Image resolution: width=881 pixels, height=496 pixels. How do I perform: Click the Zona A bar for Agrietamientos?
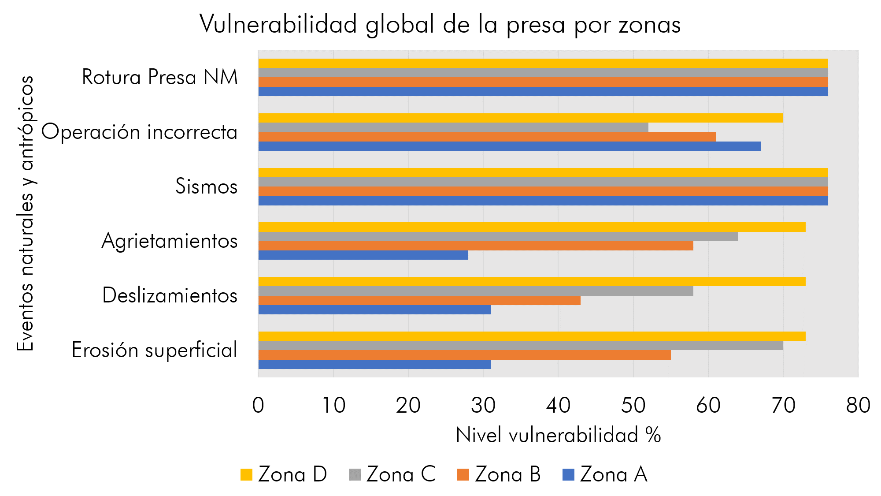363,255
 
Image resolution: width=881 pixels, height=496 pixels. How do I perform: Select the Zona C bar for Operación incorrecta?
453,127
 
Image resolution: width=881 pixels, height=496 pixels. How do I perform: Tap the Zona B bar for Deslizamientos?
419,301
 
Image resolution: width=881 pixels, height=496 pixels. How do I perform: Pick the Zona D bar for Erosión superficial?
532,336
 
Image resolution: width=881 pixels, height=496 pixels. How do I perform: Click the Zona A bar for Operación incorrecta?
509,146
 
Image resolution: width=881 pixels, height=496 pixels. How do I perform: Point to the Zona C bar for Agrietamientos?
498,237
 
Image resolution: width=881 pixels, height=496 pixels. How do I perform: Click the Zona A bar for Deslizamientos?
374,310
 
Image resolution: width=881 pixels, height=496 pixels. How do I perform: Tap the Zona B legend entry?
499,475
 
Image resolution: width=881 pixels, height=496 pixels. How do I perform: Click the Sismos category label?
206,186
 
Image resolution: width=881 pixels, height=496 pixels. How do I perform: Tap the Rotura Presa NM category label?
160,78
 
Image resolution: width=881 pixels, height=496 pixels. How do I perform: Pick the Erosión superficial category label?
155,351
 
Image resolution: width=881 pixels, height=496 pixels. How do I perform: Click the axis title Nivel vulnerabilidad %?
558,436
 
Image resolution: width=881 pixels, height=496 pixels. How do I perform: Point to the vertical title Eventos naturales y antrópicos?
26,213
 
